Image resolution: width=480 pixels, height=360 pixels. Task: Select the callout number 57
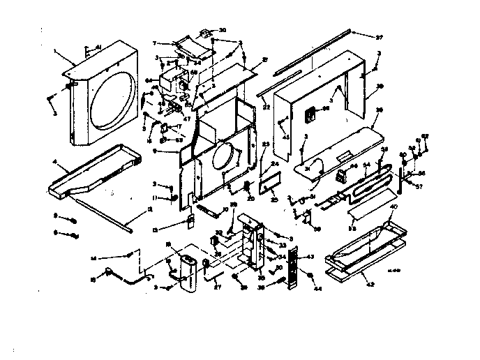pos(420,188)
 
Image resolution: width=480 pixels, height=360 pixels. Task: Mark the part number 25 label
pos(273,200)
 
